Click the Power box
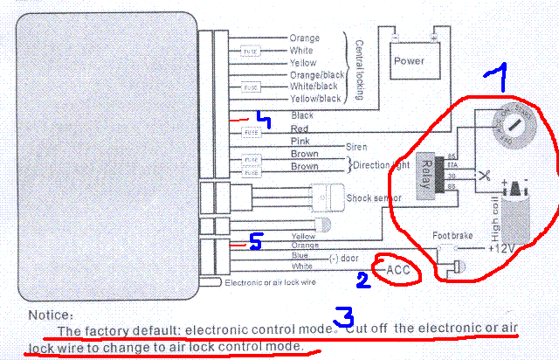(x=408, y=60)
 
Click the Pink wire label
(x=300, y=141)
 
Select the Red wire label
(x=300, y=128)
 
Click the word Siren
(x=356, y=147)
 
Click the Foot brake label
(x=453, y=236)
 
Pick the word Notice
(x=51, y=315)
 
